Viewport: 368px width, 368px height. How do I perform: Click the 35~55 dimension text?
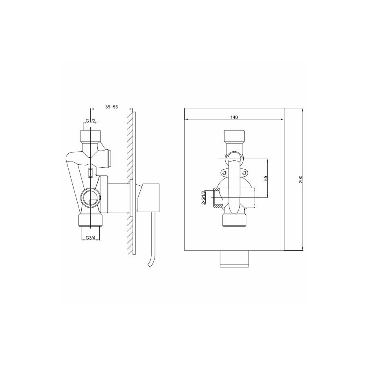pyautogui.click(x=111, y=107)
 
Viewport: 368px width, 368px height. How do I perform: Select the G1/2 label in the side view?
pyautogui.click(x=90, y=121)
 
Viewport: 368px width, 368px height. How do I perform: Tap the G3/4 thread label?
pyautogui.click(x=90, y=238)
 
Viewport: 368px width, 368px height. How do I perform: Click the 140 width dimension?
pyautogui.click(x=234, y=117)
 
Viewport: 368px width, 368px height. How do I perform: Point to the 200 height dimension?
pyautogui.click(x=301, y=180)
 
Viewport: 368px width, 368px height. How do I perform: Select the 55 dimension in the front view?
pyautogui.click(x=265, y=178)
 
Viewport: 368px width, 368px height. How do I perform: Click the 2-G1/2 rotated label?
pyautogui.click(x=204, y=197)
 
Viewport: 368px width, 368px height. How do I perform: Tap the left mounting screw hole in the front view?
pyautogui.click(x=225, y=173)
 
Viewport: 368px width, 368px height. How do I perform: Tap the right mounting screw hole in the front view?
pyautogui.click(x=245, y=173)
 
